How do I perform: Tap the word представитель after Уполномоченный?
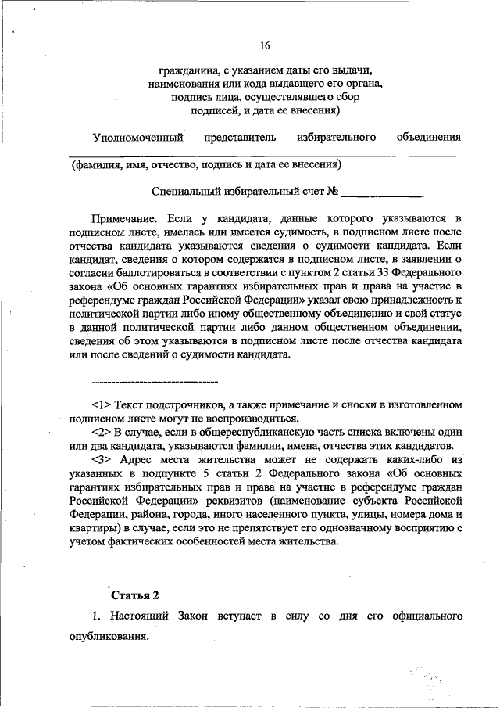[241, 138]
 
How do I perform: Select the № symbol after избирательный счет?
[332, 190]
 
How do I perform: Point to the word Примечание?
[125, 221]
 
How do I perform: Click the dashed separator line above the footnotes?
[154, 382]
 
